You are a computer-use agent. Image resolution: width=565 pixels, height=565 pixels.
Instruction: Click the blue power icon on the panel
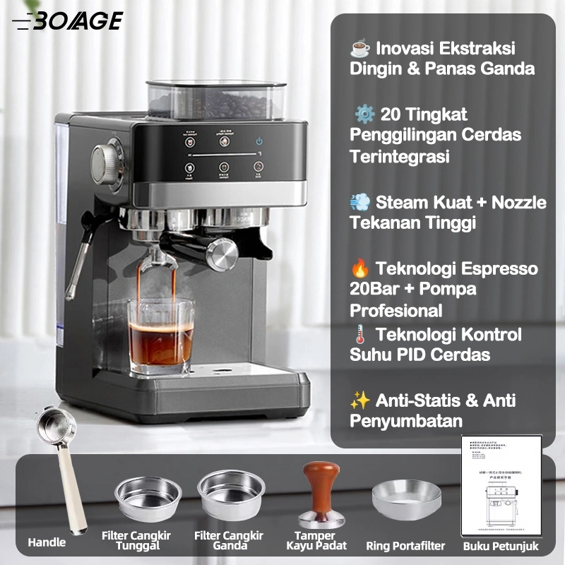[x=259, y=141]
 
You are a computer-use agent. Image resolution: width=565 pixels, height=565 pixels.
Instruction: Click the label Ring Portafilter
[x=405, y=545]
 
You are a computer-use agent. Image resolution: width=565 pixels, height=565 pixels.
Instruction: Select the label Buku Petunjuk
[x=501, y=546]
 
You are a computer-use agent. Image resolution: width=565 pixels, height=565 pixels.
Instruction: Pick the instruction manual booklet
[x=501, y=487]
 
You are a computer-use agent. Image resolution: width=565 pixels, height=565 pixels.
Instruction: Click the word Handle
[x=47, y=542]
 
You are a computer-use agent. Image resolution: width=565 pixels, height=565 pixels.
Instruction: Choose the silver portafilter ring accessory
[x=406, y=499]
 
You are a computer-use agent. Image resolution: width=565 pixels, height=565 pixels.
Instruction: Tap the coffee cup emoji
[x=360, y=49]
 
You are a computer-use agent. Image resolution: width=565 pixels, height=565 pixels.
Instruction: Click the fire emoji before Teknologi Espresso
[x=360, y=269]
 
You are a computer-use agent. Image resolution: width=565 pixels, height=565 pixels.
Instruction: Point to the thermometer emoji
[x=360, y=335]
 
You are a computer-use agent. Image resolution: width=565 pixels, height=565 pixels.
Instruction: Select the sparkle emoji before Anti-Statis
[x=360, y=401]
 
